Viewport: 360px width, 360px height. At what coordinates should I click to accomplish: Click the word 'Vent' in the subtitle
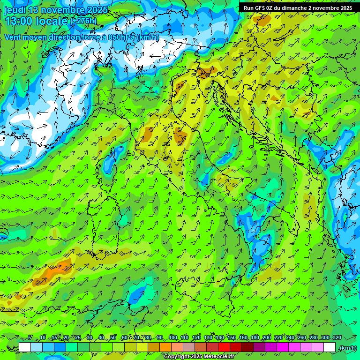pos(14,37)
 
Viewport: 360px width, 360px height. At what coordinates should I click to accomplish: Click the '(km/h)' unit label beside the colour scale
pos(347,348)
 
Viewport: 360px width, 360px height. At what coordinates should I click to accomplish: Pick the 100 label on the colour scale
pos(173,337)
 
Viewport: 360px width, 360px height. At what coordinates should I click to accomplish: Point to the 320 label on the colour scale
pos(337,337)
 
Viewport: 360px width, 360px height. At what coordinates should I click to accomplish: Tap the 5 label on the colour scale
pos(30,337)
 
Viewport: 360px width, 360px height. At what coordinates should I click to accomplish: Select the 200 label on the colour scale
pos(267,337)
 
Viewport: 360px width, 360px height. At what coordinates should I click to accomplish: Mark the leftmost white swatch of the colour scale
pos(25,347)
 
